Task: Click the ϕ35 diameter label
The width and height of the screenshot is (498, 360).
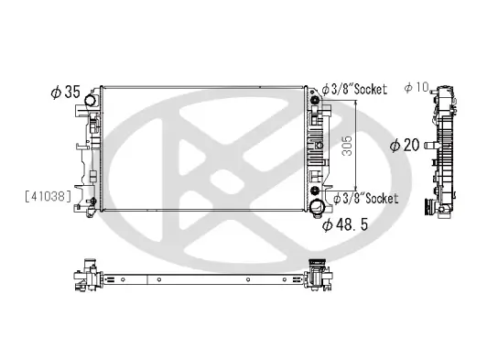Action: (x=67, y=93)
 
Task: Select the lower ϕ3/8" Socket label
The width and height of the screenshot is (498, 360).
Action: (x=363, y=198)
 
